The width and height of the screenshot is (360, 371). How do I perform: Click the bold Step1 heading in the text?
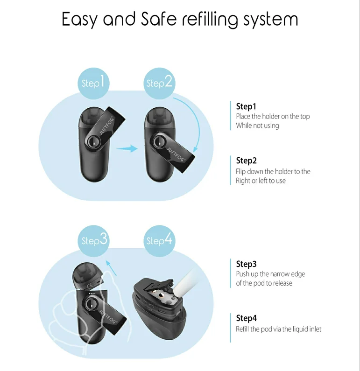click(x=247, y=106)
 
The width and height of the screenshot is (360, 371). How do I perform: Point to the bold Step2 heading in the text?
click(x=247, y=161)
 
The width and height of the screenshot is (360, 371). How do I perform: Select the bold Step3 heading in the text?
click(x=247, y=264)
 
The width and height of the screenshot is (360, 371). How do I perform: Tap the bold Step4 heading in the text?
click(x=247, y=318)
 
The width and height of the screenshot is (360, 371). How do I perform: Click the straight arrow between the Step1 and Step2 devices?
click(x=127, y=148)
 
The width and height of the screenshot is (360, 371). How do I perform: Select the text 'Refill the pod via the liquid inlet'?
click(x=279, y=329)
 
